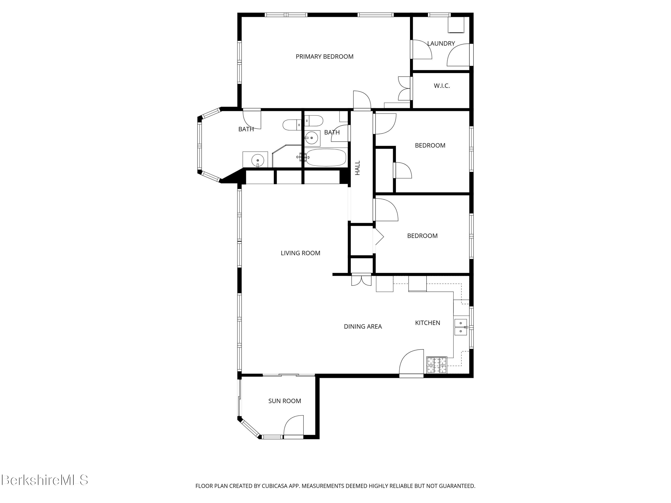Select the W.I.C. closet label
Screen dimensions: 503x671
point(442,86)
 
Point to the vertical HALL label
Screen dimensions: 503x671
point(358,168)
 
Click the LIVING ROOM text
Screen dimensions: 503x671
point(300,253)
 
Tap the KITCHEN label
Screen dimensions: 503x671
point(427,323)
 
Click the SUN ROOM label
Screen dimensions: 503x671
point(285,401)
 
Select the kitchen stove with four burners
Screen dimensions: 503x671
point(437,365)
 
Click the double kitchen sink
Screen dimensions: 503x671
point(461,327)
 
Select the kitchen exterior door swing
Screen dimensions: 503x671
point(411,362)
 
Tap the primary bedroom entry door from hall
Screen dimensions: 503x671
point(362,100)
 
